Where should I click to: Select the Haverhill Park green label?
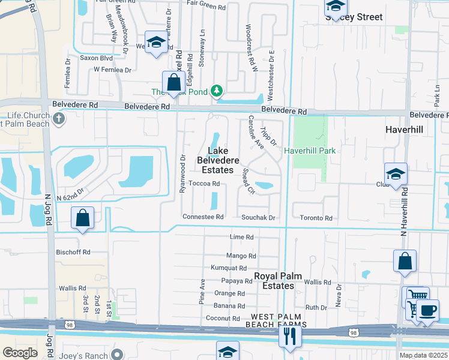pyautogui.click(x=310, y=151)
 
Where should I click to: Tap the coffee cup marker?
pyautogui.click(x=427, y=311)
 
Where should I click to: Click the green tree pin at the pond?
pyautogui.click(x=217, y=92)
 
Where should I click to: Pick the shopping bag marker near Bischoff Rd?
pyautogui.click(x=83, y=218)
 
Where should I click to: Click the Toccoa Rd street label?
pyautogui.click(x=204, y=184)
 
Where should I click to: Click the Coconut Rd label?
pyautogui.click(x=223, y=319)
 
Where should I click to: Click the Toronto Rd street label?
pyautogui.click(x=316, y=218)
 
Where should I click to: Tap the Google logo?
pyautogui.click(x=20, y=353)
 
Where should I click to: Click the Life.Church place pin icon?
pyautogui.click(x=59, y=118)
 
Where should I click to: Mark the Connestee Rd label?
pyautogui.click(x=203, y=217)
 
